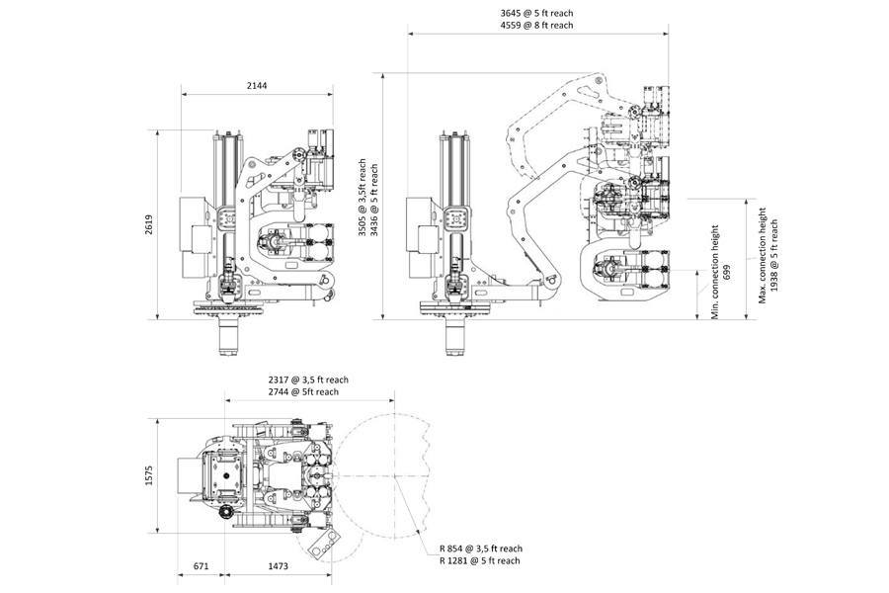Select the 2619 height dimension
tap(149, 225)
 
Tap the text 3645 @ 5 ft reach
tap(536, 13)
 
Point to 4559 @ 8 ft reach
tap(536, 26)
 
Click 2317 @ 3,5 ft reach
tap(308, 380)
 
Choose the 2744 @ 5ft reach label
tap(304, 392)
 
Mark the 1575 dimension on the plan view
tap(149, 475)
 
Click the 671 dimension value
tap(202, 566)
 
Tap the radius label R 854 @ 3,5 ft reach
tap(480, 548)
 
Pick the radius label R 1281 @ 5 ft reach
tap(480, 560)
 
